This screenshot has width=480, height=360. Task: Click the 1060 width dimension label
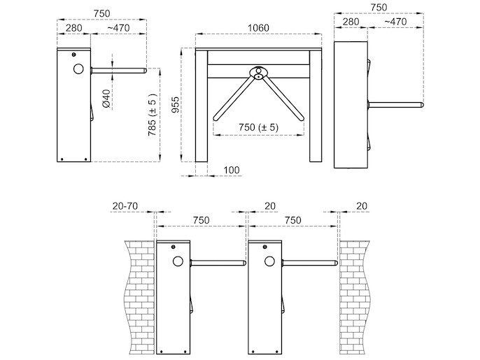258,28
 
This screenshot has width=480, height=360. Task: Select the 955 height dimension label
175,105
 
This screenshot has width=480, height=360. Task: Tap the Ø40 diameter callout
106,99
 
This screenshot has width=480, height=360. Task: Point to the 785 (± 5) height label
153,115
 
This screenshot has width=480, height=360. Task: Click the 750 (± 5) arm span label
259,127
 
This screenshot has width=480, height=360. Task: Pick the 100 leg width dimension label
232,170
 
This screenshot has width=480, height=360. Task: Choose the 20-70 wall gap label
125,206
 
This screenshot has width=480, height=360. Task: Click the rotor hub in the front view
259,73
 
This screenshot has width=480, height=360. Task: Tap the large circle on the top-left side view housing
78,69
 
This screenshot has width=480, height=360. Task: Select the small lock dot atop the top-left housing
73,55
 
